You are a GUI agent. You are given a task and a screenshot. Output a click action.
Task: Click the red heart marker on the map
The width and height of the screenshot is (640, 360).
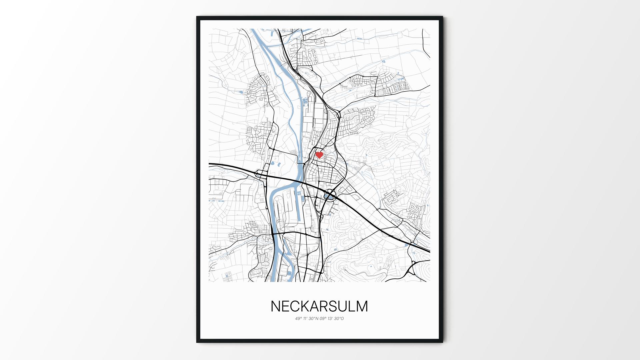319,155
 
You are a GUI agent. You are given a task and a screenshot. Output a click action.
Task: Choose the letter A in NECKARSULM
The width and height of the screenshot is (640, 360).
317,306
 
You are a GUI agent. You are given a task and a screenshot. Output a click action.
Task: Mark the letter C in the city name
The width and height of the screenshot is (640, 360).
297,306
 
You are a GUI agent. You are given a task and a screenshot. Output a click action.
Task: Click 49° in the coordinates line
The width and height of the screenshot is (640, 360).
298,319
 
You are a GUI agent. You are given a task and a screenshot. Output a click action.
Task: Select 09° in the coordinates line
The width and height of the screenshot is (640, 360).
323,319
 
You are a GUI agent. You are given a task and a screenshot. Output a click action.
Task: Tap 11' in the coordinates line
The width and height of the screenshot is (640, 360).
305,319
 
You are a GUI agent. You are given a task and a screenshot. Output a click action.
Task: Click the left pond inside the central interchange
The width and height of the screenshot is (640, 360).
326,196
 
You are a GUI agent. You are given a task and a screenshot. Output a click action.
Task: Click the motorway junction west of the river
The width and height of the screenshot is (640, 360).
259,174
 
